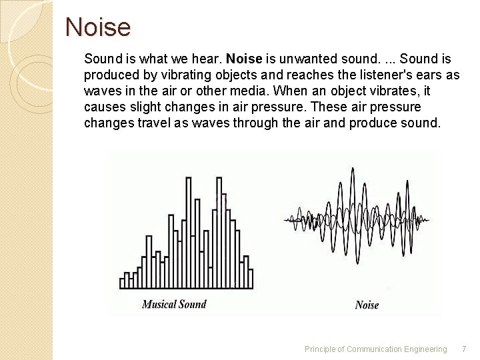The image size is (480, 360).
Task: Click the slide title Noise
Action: pyautogui.click(x=98, y=28)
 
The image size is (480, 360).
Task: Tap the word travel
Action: pyautogui.click(x=155, y=123)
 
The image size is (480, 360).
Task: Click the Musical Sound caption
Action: pyautogui.click(x=174, y=304)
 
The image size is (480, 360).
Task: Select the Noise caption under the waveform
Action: pyautogui.click(x=367, y=305)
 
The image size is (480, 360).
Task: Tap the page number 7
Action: pyautogui.click(x=464, y=349)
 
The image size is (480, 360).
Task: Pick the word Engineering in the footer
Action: pyautogui.click(x=424, y=349)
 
